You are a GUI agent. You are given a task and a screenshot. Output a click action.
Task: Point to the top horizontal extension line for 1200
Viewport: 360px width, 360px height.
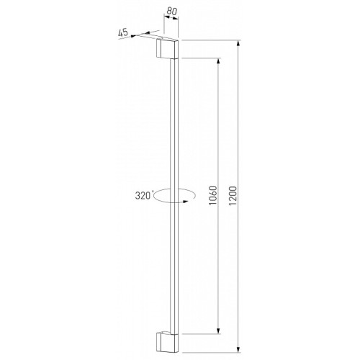pyautogui.click(x=212, y=40)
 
